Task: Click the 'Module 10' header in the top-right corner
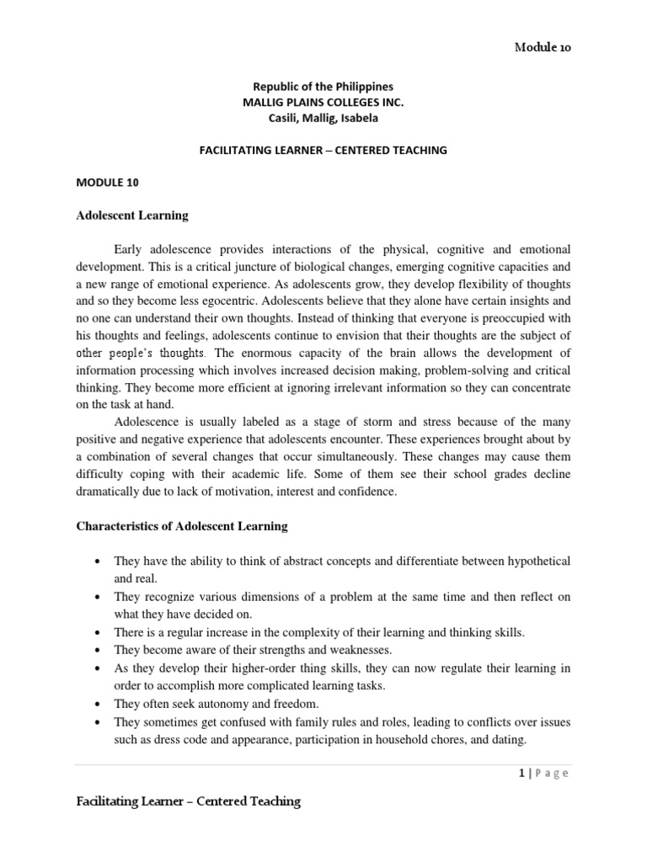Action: tap(543, 48)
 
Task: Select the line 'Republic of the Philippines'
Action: tap(323, 87)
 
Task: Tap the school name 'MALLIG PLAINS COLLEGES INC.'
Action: tap(323, 103)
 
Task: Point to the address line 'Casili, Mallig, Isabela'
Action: tap(323, 119)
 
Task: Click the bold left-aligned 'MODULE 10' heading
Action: tap(104, 183)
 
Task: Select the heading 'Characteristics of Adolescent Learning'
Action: tap(182, 526)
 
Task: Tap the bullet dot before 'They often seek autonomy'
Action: tap(99, 703)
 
